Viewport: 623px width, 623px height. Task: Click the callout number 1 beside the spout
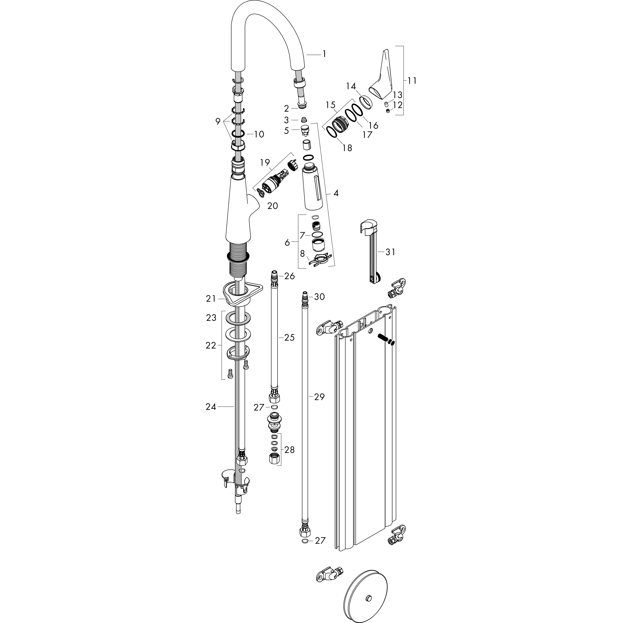[324, 54]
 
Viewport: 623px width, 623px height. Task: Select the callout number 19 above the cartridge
[265, 162]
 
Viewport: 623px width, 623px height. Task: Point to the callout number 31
[390, 252]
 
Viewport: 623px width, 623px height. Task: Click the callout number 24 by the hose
[211, 407]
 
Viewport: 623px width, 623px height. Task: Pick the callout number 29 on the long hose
[319, 397]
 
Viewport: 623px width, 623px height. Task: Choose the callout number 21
[211, 299]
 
